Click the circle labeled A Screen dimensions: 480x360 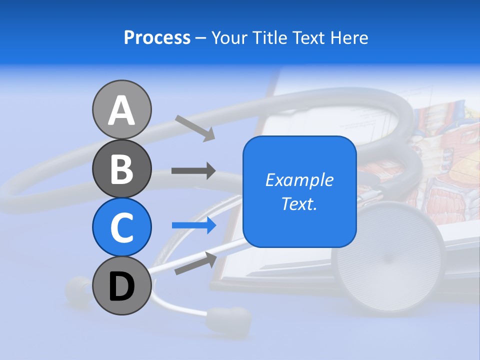121,109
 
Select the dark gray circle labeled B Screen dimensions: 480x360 121,168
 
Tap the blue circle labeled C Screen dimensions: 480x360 121,227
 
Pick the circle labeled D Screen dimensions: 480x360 121,285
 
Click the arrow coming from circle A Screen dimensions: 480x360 195,128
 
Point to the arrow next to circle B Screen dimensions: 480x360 193,171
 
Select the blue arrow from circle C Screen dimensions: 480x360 194,225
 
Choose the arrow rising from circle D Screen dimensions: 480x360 195,263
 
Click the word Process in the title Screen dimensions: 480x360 157,37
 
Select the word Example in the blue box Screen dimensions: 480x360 299,180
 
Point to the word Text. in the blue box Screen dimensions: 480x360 299,203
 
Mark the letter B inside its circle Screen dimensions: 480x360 121,169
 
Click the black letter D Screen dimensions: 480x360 121,286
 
